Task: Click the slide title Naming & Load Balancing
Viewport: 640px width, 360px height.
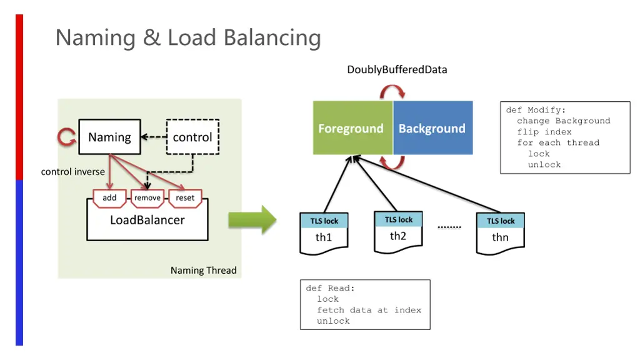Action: click(187, 38)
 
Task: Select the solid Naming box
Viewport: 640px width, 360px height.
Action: click(109, 137)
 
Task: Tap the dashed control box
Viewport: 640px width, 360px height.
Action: click(192, 137)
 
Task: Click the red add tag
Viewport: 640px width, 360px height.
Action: click(109, 197)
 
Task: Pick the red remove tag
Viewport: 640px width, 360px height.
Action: click(147, 197)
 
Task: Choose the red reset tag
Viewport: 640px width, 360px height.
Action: click(185, 197)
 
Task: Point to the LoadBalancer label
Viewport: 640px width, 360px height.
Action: click(147, 220)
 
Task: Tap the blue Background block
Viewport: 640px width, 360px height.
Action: click(432, 128)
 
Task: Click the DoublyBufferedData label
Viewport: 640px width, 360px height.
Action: click(397, 69)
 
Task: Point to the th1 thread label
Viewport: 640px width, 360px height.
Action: click(324, 237)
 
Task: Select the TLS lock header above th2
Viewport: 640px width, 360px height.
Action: click(399, 219)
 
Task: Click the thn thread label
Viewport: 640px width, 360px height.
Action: click(500, 237)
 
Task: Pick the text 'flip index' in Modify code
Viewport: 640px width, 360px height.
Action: click(544, 132)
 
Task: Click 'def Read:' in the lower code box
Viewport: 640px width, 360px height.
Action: click(330, 288)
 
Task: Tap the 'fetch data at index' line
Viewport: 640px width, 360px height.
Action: click(369, 310)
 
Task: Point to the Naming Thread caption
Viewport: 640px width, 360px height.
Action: click(203, 271)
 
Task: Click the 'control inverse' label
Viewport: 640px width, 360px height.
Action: click(73, 172)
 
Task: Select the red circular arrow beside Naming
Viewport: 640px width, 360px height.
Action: click(66, 137)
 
